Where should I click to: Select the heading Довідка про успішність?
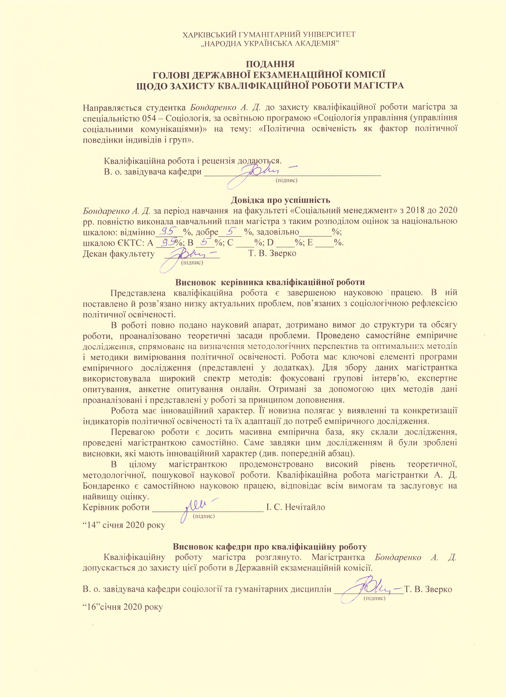tap(281, 200)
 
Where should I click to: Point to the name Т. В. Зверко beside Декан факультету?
tap(272, 254)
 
